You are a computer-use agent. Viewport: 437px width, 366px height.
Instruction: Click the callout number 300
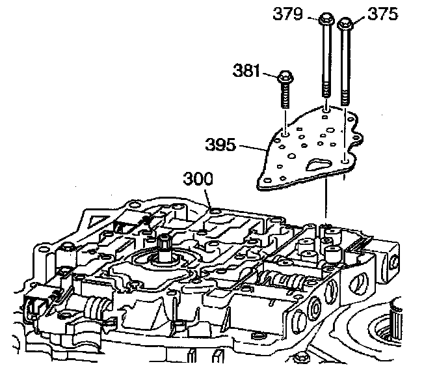[196, 178]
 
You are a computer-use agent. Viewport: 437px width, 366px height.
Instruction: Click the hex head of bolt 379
[326, 20]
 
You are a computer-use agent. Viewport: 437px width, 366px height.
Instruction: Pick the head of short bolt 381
[285, 79]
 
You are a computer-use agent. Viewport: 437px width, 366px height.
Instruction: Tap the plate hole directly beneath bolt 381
[285, 135]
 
